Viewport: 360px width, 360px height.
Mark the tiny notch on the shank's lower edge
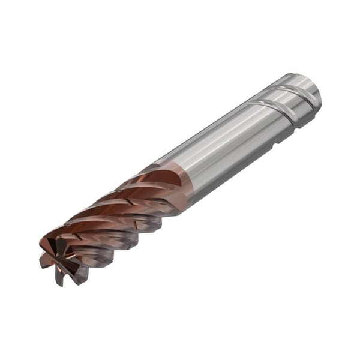[274, 143]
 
